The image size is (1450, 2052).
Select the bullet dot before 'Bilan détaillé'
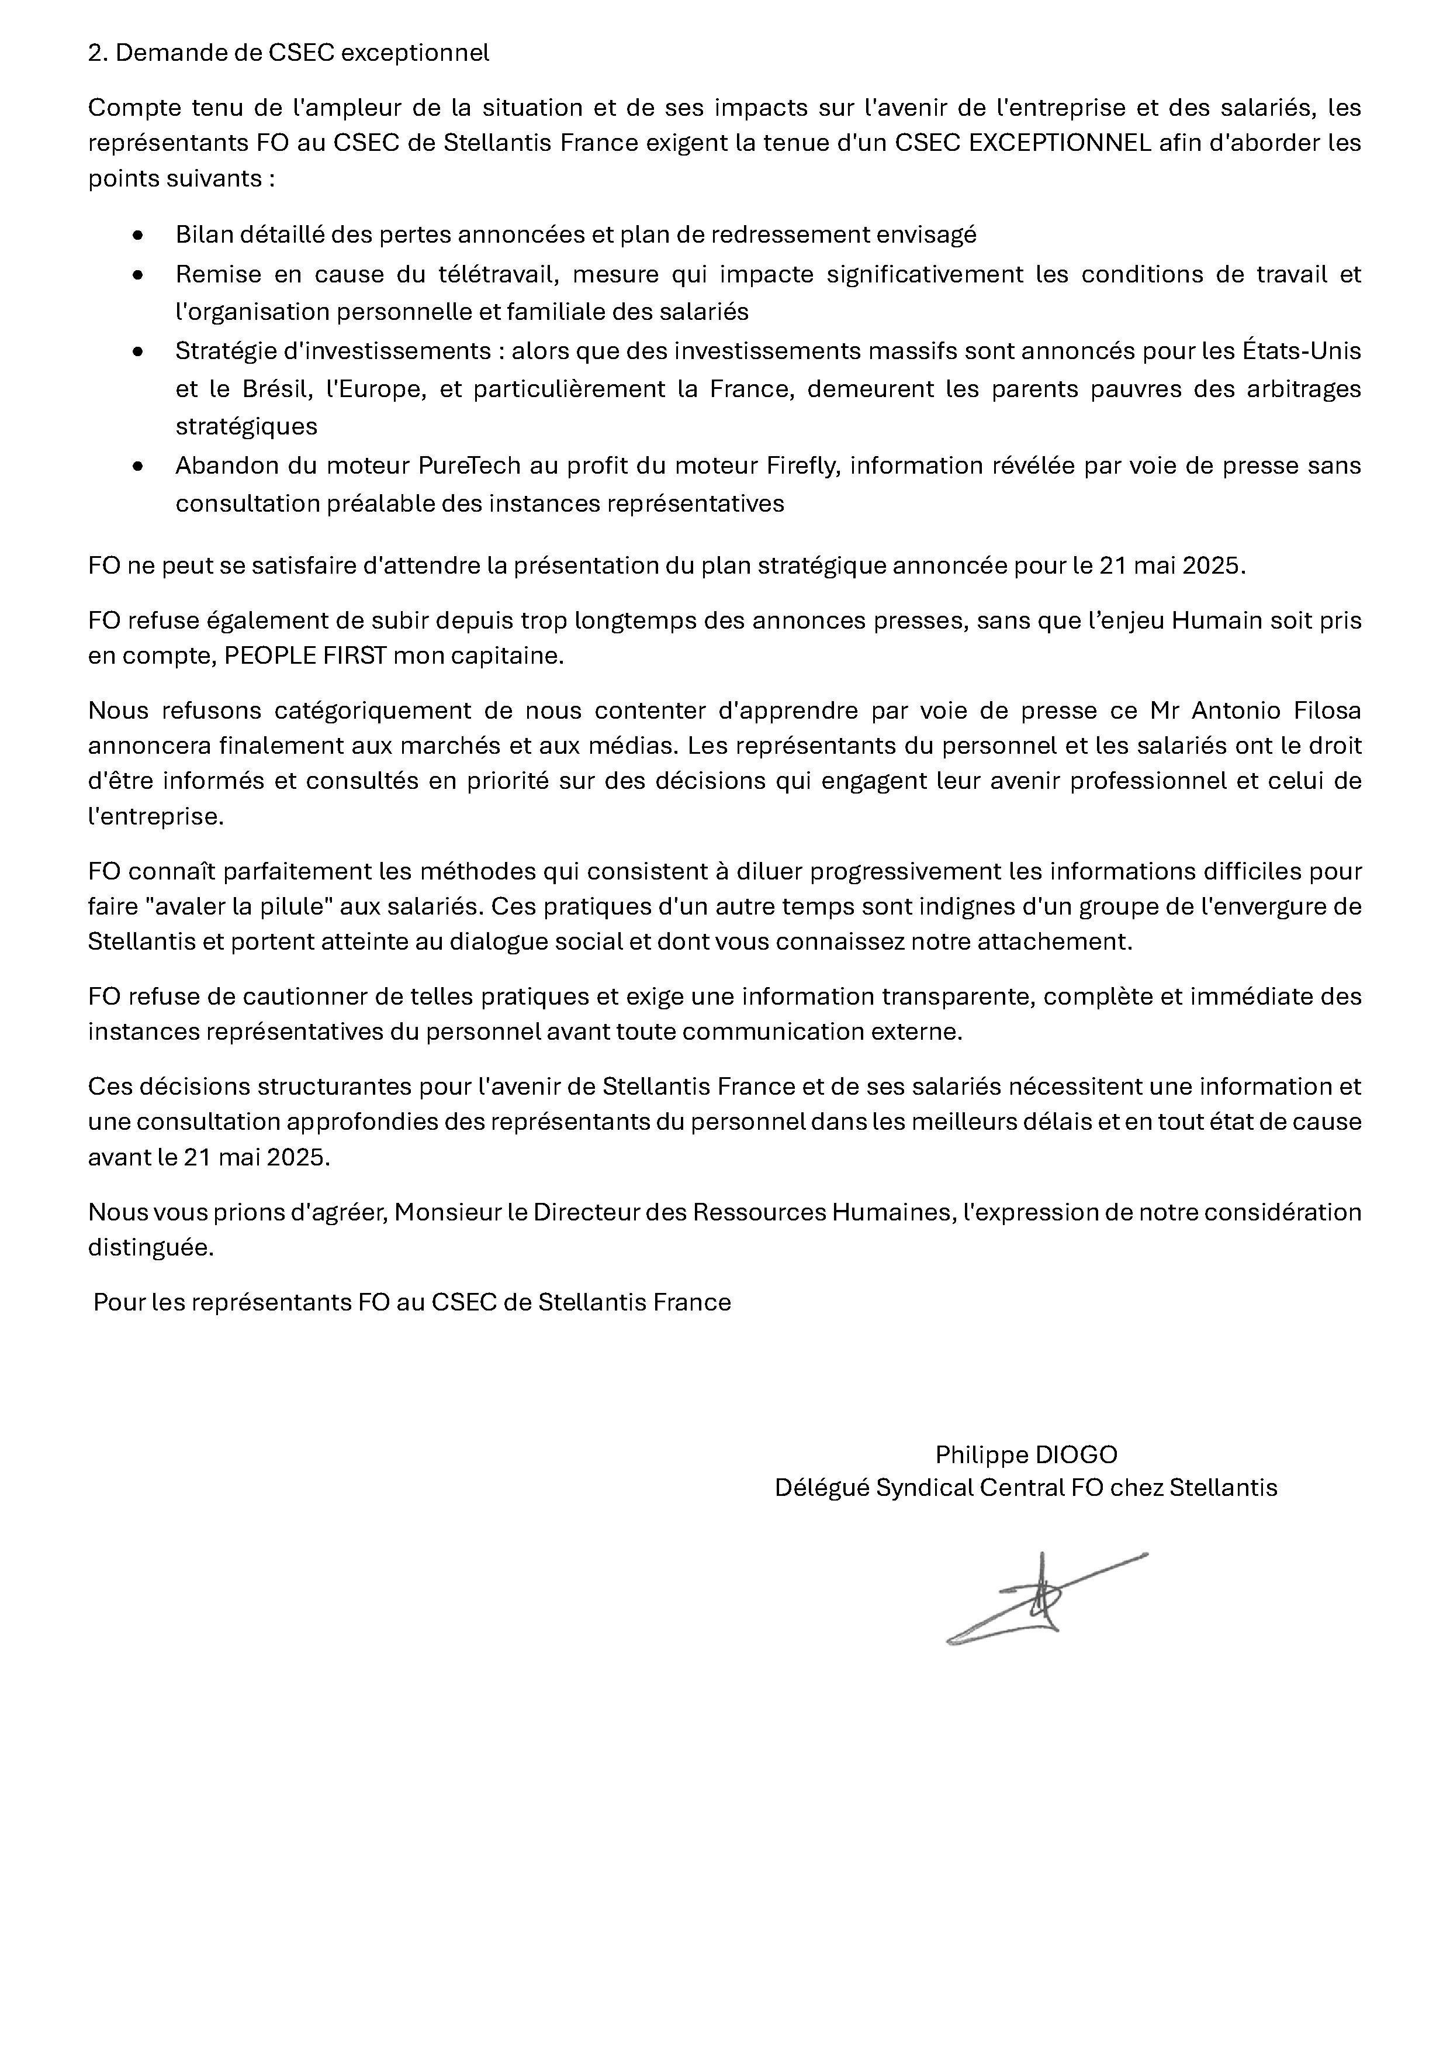pyautogui.click(x=137, y=235)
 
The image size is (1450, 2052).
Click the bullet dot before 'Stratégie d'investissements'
pyautogui.click(x=137, y=351)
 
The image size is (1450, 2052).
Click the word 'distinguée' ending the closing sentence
pyautogui.click(x=150, y=1249)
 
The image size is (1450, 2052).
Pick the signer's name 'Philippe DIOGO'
pyautogui.click(x=1026, y=1455)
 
